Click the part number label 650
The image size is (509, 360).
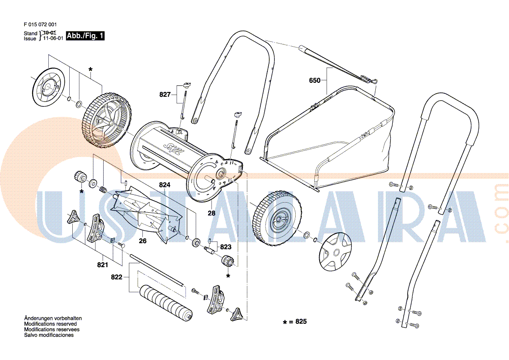[x=315, y=80]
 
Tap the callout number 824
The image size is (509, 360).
[x=164, y=185]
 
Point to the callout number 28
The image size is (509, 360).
[x=211, y=213]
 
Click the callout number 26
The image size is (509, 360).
[x=143, y=241]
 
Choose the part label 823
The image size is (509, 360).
[x=226, y=247]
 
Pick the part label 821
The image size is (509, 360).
[x=102, y=265]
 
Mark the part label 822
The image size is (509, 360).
[x=117, y=277]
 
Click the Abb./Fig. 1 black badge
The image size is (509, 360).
[x=85, y=36]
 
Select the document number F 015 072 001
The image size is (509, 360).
[x=40, y=25]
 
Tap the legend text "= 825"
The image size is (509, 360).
[x=298, y=322]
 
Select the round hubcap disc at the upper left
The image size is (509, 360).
[x=49, y=87]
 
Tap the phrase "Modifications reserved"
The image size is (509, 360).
[x=50, y=324]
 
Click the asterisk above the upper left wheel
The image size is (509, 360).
[x=90, y=70]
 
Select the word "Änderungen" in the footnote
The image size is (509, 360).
[x=38, y=318]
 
